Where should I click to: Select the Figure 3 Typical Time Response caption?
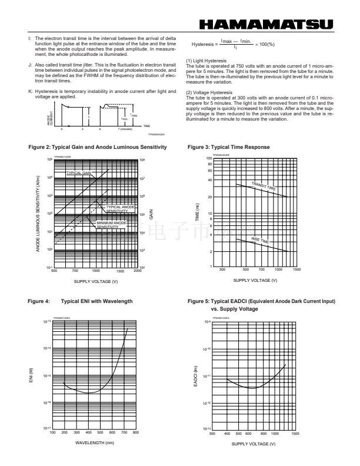click(229, 147)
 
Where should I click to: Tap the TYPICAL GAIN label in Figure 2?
click(78, 174)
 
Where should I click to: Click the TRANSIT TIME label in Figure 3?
click(263, 186)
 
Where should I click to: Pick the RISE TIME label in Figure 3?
click(261, 240)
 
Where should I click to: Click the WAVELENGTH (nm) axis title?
click(94, 442)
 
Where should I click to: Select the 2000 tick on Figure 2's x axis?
click(138, 272)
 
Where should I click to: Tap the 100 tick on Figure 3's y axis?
click(209, 158)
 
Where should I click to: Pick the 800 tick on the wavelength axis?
click(136, 432)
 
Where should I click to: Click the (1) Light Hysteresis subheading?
click(206, 61)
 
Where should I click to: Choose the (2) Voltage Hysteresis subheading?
click(209, 92)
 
